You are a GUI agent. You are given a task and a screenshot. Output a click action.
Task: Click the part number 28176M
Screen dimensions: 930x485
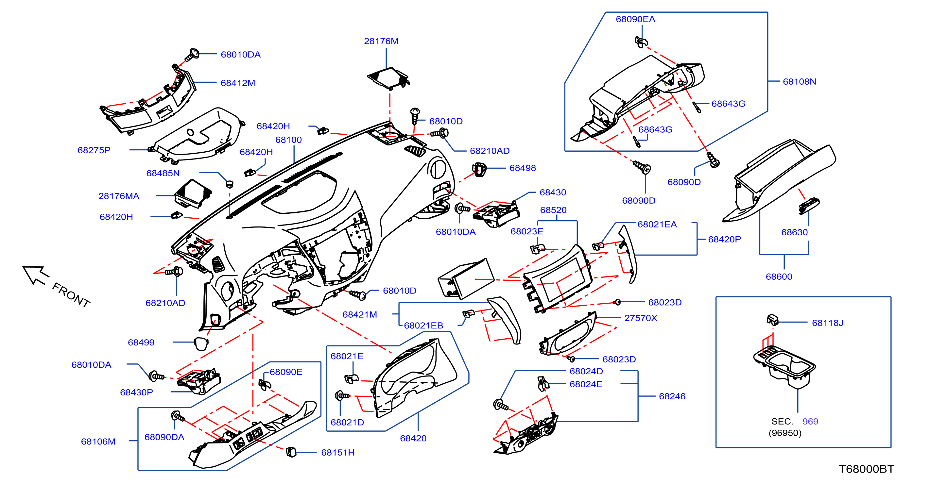pos(381,41)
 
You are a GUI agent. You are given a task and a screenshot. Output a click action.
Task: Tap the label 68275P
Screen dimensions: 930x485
pos(94,150)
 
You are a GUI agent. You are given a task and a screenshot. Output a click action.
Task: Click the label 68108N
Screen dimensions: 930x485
pos(799,82)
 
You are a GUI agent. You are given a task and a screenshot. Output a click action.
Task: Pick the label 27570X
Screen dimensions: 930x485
pos(641,318)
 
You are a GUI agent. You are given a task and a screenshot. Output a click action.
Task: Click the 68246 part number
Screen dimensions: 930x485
pos(672,396)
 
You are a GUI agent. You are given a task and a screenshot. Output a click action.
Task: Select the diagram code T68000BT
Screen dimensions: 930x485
pos(866,469)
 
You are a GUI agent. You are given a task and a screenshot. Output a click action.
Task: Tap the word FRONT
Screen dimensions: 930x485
pos(71,295)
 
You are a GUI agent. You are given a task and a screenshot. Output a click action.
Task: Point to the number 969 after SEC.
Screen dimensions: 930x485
pos(810,421)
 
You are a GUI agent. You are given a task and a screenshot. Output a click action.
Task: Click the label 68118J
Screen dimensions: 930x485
pos(827,323)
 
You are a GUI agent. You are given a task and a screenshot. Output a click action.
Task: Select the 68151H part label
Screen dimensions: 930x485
pos(337,453)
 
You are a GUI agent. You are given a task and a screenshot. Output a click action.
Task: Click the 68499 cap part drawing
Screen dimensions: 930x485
pos(201,343)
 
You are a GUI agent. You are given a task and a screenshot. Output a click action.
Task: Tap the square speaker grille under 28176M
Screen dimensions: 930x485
pos(388,77)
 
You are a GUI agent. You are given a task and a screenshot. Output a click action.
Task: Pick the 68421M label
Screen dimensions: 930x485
pos(360,314)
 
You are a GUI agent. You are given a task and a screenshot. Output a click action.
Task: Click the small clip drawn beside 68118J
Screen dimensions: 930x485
pos(772,319)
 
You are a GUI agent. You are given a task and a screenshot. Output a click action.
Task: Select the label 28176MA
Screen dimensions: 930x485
pos(119,196)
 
